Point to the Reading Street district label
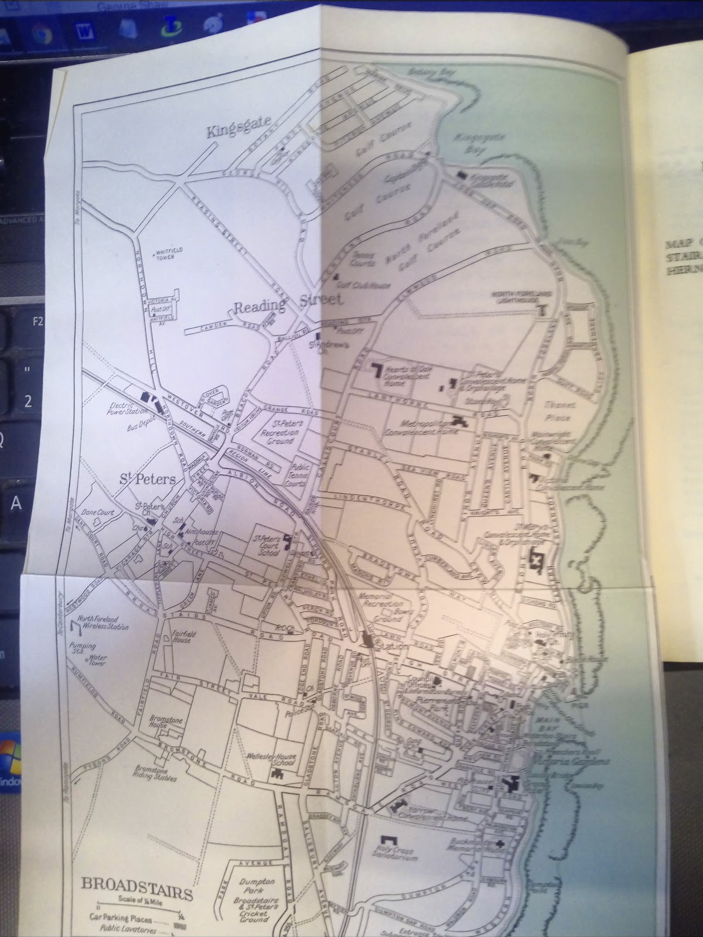(x=287, y=305)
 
